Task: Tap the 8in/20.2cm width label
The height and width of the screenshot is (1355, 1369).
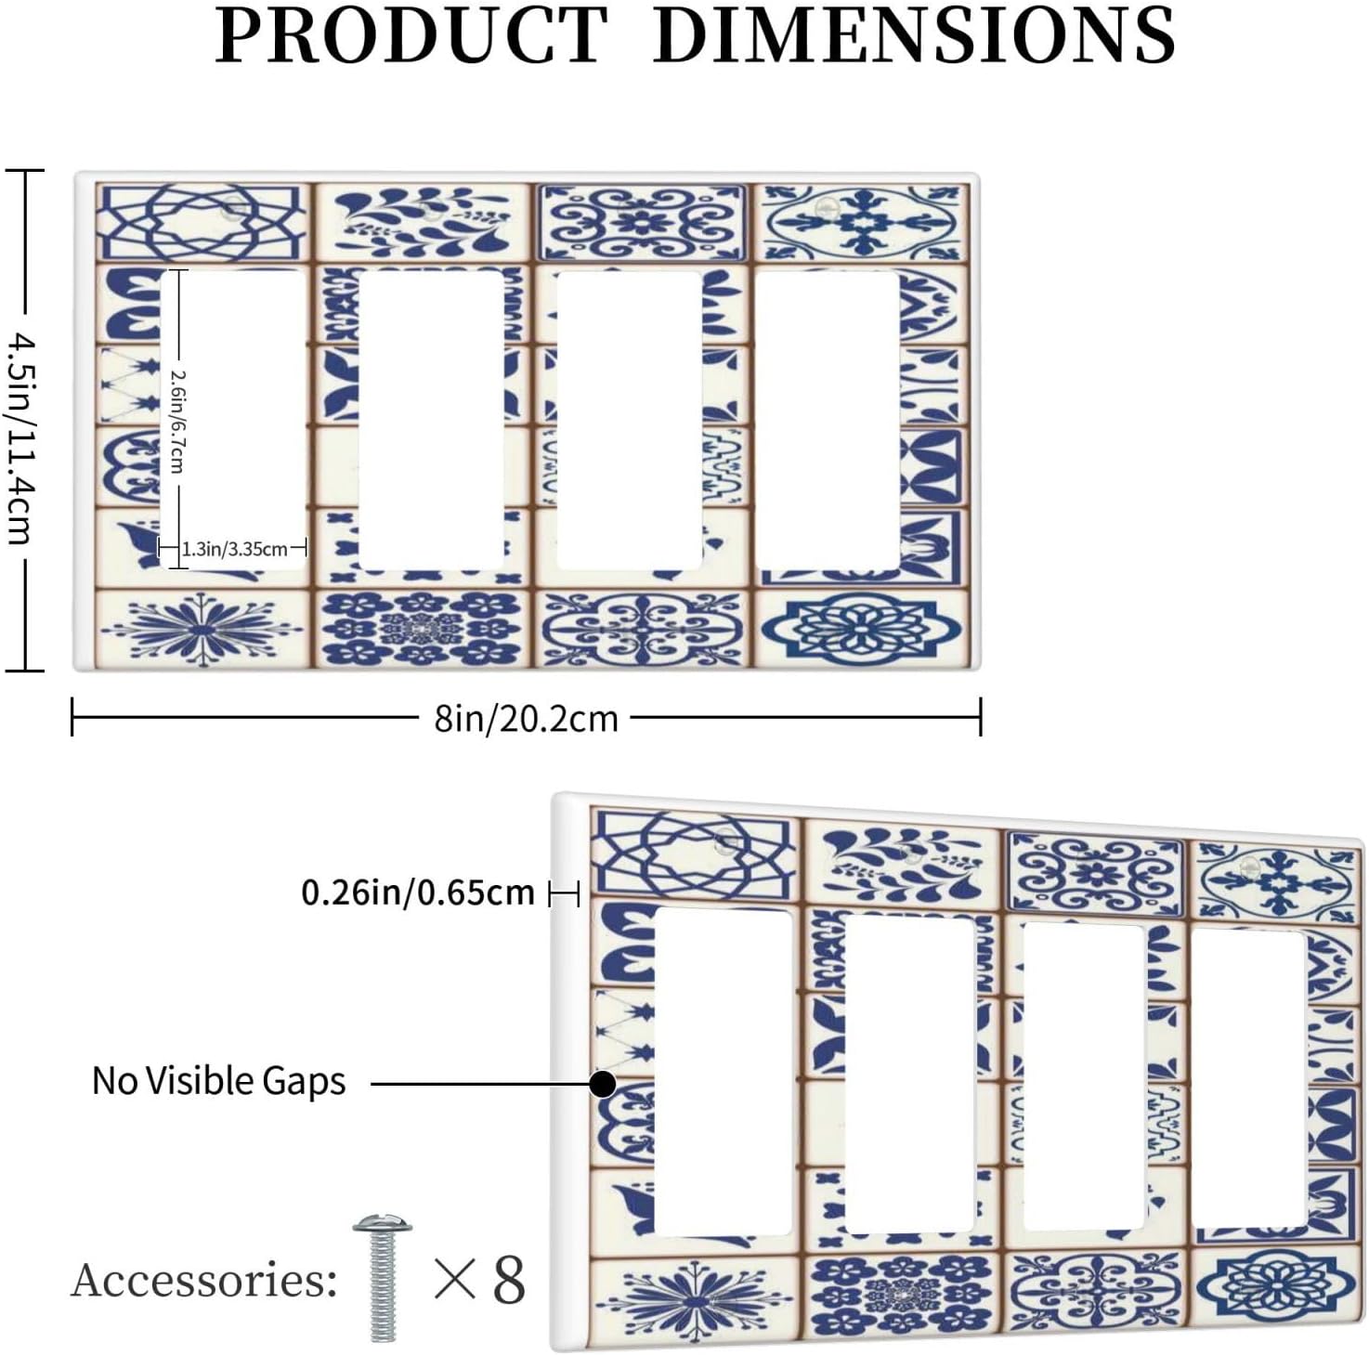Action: [526, 718]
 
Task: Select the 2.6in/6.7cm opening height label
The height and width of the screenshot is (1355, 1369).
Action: [176, 421]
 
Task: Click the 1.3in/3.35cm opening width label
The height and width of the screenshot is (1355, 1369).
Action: [234, 549]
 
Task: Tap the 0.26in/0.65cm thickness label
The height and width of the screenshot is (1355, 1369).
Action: [418, 893]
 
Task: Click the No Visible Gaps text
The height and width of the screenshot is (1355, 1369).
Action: [219, 1081]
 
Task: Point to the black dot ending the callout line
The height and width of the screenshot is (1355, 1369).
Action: [603, 1084]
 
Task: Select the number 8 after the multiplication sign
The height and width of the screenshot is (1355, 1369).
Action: [508, 1281]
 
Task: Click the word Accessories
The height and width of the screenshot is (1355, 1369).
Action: [204, 1281]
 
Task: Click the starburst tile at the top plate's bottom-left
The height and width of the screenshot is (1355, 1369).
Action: [202, 627]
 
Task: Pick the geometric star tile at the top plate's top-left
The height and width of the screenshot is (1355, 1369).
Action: [202, 222]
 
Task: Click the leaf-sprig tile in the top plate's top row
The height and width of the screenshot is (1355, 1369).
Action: [424, 222]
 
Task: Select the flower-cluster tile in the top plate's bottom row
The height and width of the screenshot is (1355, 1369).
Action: [424, 628]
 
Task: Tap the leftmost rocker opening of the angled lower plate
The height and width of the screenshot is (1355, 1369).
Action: [723, 1072]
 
